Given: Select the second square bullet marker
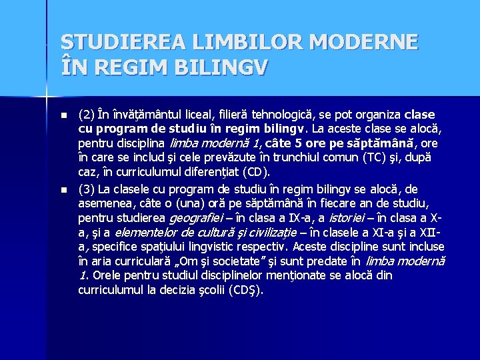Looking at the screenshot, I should (64, 190).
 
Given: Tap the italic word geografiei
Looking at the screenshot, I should (196, 217).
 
